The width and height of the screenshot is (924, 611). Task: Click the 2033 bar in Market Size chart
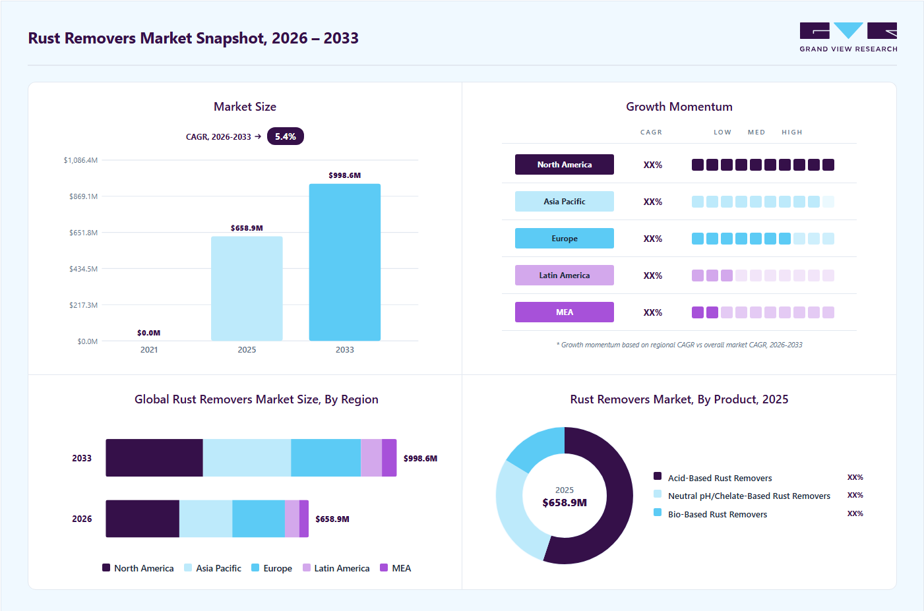[345, 262]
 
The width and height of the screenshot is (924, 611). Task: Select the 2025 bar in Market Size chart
[247, 289]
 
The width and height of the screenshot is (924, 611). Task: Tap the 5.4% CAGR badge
[286, 136]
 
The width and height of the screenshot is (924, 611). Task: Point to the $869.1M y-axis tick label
[83, 196]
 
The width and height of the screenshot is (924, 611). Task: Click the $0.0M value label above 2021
[149, 333]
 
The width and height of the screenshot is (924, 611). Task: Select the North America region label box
[565, 165]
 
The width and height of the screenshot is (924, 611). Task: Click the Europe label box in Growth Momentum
[565, 239]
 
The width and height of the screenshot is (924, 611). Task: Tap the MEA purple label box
[565, 312]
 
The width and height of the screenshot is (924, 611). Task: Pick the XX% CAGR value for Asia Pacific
[652, 202]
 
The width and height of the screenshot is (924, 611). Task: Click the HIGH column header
[792, 132]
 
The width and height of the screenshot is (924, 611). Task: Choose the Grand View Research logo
[848, 37]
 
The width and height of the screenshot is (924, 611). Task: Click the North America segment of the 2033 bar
[154, 457]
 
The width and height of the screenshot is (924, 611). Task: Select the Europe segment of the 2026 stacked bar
[259, 519]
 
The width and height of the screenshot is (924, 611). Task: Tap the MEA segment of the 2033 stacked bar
[389, 457]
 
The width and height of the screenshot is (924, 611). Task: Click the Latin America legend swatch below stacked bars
[307, 567]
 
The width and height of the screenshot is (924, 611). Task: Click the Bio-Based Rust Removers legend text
[718, 514]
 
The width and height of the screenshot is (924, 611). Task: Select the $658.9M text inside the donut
[565, 502]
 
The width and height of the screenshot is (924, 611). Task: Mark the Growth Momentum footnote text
[679, 345]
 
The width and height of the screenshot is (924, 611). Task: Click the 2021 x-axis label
[149, 349]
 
